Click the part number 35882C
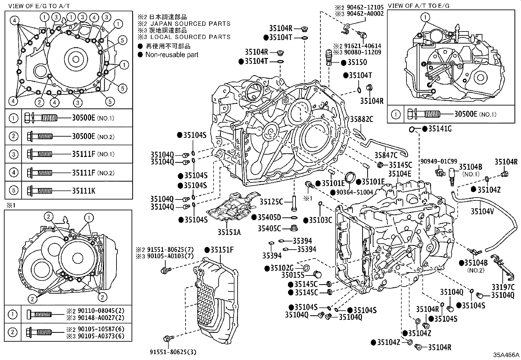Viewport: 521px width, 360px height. tap(362, 120)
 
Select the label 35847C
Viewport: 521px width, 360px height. tap(386, 155)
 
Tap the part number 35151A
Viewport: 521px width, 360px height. tap(229, 232)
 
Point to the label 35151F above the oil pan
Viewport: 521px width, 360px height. tap(222, 250)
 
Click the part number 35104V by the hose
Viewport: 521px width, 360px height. tap(482, 212)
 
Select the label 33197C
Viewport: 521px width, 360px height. tap(503, 288)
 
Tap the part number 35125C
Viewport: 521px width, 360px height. tap(271, 202)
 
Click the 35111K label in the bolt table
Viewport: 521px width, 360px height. tap(83, 190)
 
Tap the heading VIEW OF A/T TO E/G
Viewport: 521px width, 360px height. tap(419, 6)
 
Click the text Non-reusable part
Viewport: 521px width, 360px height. tap(172, 55)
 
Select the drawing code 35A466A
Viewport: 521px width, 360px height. tap(506, 355)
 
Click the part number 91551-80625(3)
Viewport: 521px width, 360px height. tap(173, 352)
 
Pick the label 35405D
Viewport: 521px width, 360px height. tap(269, 217)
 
